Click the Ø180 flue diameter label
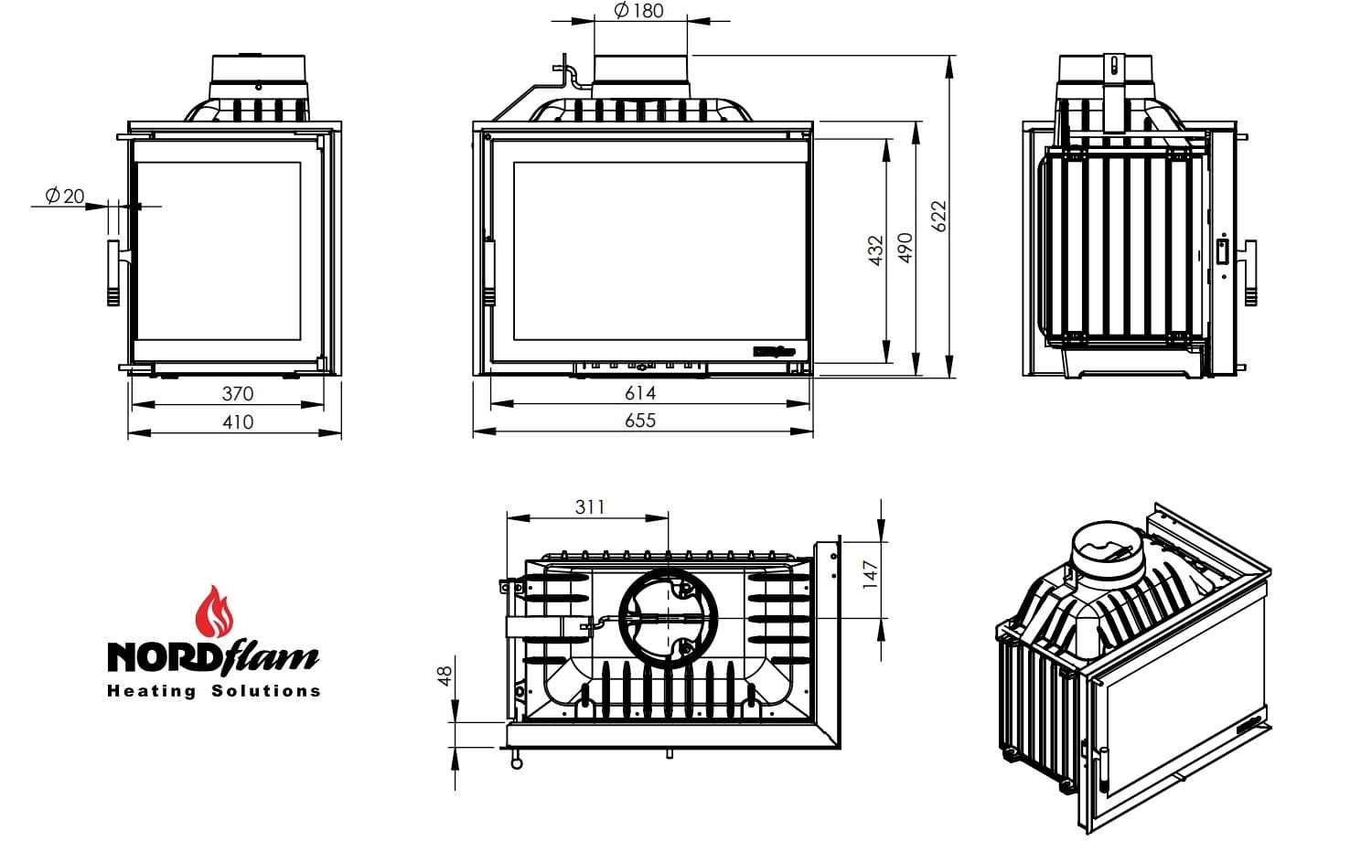[638, 10]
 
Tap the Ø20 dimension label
[64, 196]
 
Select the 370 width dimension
[238, 393]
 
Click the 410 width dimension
[238, 422]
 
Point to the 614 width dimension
[640, 393]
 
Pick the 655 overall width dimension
[640, 420]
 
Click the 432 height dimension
[875, 250]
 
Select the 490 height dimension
[906, 248]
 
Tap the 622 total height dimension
[938, 216]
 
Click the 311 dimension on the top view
[590, 507]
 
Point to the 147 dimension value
[870, 574]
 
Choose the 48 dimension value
[445, 676]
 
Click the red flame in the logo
[214, 612]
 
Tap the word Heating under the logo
[152, 691]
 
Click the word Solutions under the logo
[266, 690]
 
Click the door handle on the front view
[489, 272]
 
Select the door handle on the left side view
[114, 273]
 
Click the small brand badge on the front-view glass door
[774, 352]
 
